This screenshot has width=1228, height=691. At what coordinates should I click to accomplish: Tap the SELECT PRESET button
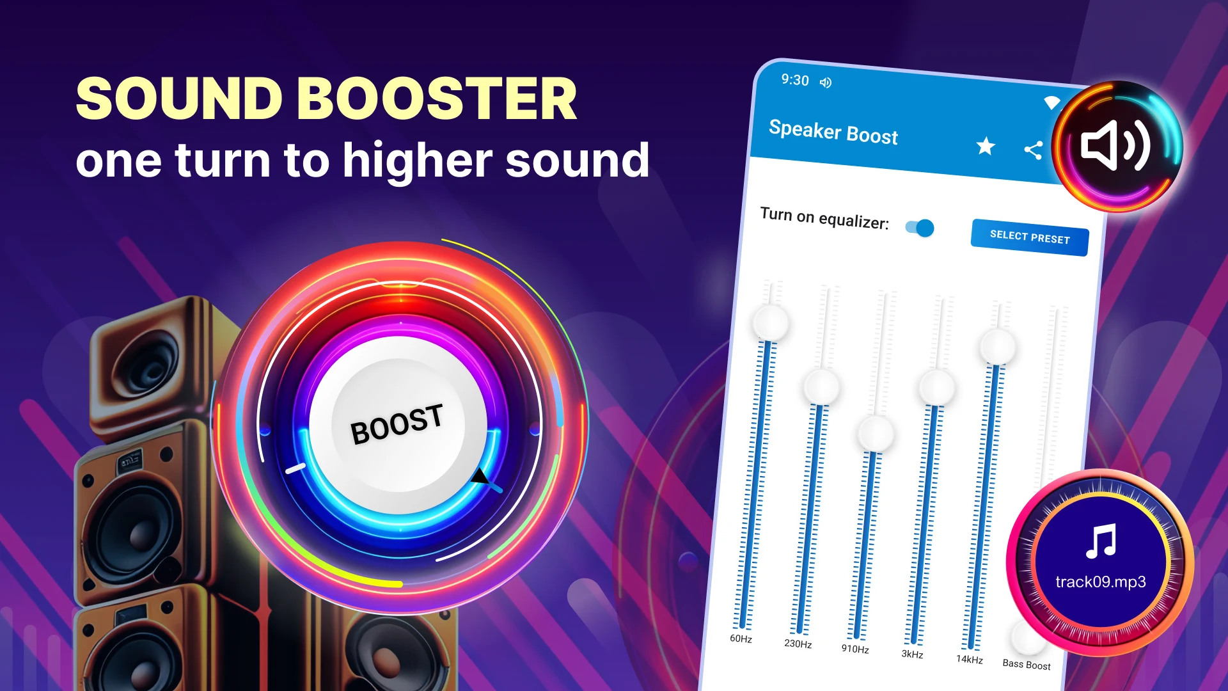[x=1030, y=237]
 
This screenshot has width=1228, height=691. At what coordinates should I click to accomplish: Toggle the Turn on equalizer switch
[x=920, y=227]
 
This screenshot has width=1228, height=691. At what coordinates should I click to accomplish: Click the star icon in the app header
[x=986, y=147]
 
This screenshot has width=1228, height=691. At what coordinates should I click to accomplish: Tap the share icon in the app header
[x=1034, y=150]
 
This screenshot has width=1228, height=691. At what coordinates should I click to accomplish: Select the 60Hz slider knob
[x=771, y=322]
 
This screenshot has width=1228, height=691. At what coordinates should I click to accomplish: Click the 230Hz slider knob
[x=821, y=386]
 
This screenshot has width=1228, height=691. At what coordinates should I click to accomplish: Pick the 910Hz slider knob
[x=876, y=434]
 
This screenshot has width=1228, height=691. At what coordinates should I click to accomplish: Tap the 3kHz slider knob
[x=936, y=388]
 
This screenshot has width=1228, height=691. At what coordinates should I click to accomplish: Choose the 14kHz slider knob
[x=998, y=347]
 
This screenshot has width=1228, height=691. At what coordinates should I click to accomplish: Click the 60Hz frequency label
[x=741, y=639]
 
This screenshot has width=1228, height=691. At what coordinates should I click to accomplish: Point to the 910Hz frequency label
[x=855, y=649]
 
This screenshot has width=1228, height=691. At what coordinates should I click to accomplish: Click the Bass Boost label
[x=1027, y=665]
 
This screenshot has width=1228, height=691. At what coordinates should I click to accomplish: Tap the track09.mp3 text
[x=1100, y=582]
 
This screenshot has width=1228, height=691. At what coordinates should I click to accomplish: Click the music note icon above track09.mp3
[x=1101, y=541]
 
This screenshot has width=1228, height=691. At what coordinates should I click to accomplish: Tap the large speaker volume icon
[x=1115, y=146]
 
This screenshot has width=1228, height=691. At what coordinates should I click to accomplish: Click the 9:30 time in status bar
[x=795, y=80]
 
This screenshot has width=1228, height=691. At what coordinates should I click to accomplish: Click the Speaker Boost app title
[x=833, y=132]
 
